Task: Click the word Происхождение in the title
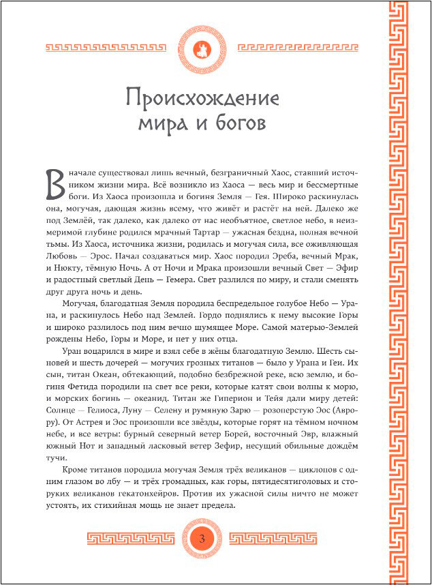[x=202, y=100]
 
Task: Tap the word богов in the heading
[x=237, y=125]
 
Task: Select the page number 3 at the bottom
[x=202, y=540]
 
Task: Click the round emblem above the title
[x=202, y=48]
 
